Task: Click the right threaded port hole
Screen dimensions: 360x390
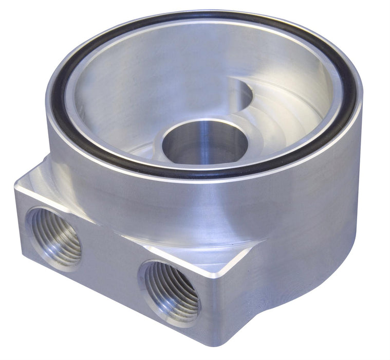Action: click(171, 291)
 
